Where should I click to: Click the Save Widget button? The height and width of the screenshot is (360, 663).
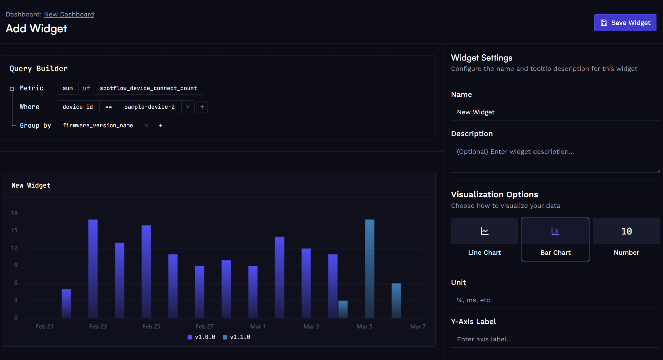tap(625, 23)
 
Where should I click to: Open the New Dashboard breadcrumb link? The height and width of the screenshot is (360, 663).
tap(69, 14)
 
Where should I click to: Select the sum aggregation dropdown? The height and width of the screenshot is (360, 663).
tap(68, 88)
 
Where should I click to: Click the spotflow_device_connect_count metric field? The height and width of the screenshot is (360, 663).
tap(148, 88)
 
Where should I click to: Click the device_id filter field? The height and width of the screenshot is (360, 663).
tap(78, 107)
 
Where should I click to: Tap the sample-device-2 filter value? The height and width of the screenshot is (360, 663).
tap(149, 107)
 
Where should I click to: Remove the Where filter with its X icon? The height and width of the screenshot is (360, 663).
tap(188, 107)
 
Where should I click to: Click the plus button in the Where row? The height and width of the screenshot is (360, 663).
tap(202, 107)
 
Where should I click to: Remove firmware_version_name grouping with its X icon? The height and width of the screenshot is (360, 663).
tap(146, 125)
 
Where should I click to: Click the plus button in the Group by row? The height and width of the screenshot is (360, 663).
tap(161, 125)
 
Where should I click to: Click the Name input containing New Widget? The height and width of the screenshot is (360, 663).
tap(555, 112)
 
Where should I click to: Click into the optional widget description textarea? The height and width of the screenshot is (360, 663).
tap(555, 157)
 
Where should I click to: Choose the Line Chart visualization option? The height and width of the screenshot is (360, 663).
tap(484, 239)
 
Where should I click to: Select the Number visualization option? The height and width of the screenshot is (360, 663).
tap(626, 239)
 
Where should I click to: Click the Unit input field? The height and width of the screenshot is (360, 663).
tap(555, 300)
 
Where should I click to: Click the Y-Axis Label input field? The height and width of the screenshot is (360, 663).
tap(555, 339)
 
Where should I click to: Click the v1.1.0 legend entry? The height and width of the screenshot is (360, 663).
tap(237, 337)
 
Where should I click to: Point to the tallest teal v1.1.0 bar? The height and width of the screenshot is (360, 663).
tap(370, 269)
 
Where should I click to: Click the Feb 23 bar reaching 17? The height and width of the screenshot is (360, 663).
tap(93, 269)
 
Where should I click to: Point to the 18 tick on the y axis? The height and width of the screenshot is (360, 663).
tap(14, 213)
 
